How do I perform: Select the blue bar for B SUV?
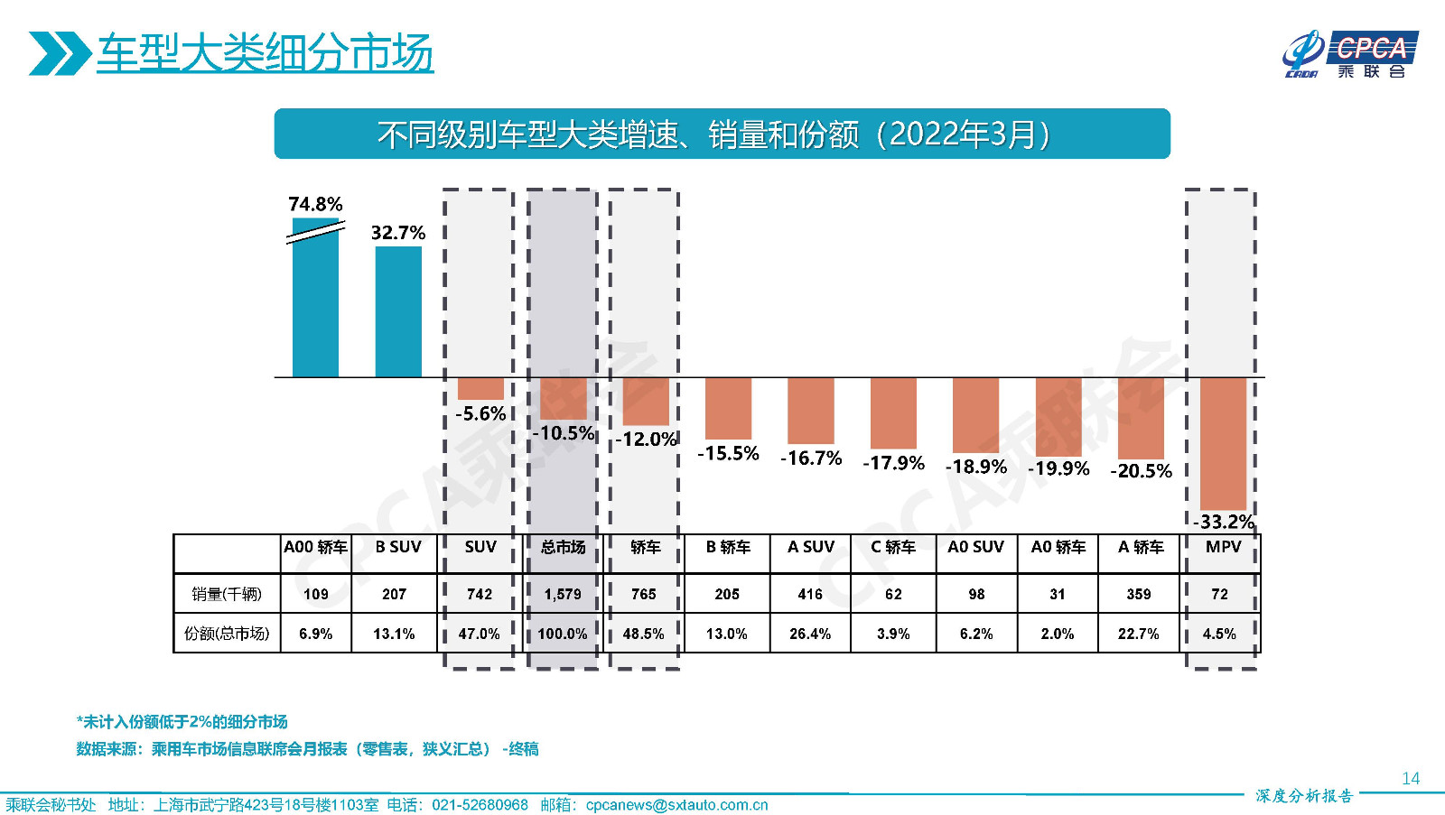pos(398,311)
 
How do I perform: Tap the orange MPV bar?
pos(1223,443)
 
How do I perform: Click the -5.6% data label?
pos(480,414)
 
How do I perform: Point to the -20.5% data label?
pos(1141,471)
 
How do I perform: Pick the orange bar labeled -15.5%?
pos(728,408)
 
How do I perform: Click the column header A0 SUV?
pos(975,547)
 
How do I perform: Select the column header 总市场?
pos(563,547)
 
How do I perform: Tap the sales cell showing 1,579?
pos(563,594)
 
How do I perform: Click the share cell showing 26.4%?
pos(810,634)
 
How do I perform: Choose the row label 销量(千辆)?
pos(227,594)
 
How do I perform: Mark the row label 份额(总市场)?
pos(227,634)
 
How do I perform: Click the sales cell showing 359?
pos(1139,594)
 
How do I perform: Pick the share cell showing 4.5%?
pos(1219,634)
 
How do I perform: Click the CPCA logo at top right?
pos(1350,54)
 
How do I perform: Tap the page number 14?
pos(1410,778)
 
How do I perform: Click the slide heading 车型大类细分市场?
pos(265,53)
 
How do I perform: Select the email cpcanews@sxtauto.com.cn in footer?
pos(676,805)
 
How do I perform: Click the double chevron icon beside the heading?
pos(59,53)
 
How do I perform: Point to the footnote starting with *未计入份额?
pos(182,721)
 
